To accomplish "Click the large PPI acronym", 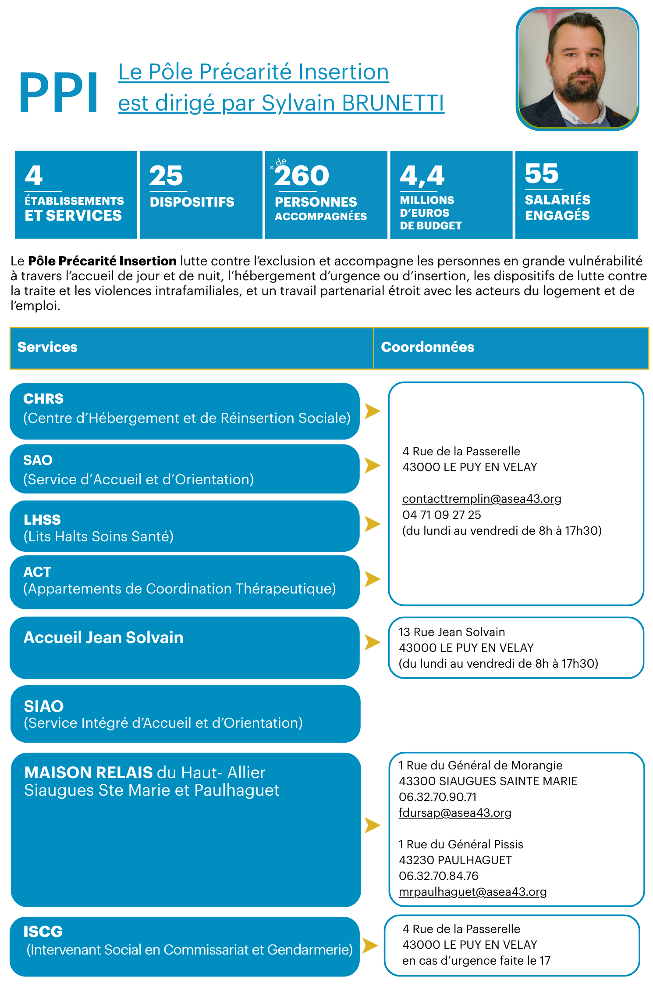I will point(59,93).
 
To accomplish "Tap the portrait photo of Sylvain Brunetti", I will point(578,69).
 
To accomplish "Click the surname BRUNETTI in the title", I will point(393,103).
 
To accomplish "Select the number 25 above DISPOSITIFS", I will point(166,176).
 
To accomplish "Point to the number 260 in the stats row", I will point(302,176).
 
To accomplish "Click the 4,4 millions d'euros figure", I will point(422,176).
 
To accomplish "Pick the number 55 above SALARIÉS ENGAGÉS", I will point(542,173).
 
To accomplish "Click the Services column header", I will point(47,347).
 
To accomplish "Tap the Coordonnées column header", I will point(428,347).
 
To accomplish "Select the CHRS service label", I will point(43,399).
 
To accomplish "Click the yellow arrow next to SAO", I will point(372,465).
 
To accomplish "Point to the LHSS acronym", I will point(42,520).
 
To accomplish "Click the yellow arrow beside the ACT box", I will point(372,579).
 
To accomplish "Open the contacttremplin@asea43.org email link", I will point(482,499).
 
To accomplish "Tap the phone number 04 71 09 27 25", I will point(442,515).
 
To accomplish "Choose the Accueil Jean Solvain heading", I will point(103,637).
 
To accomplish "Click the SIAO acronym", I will point(44,706).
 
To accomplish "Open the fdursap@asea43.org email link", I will point(455,813).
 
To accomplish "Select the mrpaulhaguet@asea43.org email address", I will point(472,892).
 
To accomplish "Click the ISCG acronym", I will point(43,931).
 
